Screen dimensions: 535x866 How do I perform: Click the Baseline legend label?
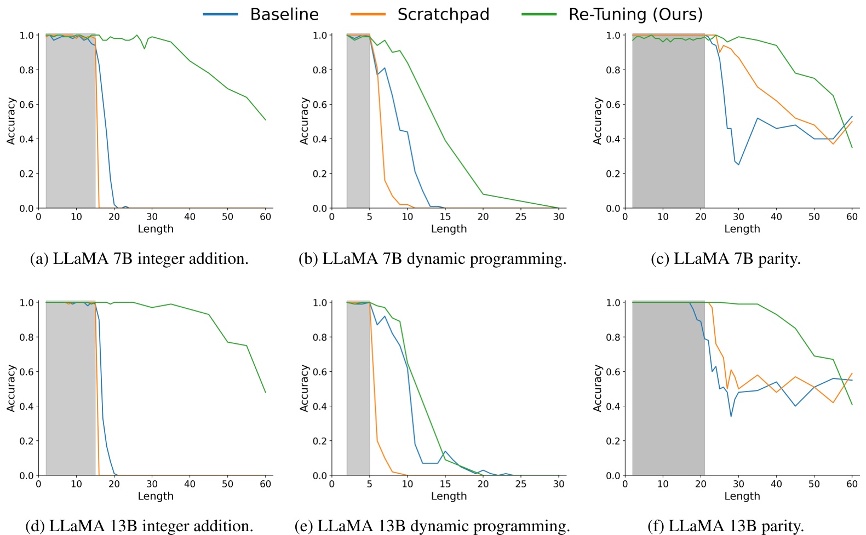[284, 14]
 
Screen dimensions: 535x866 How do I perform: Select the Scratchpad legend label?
[443, 14]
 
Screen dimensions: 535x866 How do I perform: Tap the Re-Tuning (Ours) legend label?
[635, 14]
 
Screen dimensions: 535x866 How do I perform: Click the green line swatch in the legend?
[539, 14]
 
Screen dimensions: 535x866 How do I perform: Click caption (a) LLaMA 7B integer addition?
[139, 258]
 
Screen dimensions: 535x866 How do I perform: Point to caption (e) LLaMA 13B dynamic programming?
[432, 526]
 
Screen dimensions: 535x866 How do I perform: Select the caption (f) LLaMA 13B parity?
[725, 526]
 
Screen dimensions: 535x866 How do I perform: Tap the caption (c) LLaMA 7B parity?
[725, 258]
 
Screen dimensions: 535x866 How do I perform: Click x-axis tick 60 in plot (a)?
[265, 217]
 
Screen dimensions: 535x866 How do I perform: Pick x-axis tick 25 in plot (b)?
[520, 217]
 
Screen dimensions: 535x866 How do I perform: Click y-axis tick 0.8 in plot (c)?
[612, 70]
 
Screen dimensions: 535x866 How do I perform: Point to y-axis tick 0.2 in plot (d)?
[26, 441]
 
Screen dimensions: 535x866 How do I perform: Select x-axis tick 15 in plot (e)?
[445, 484]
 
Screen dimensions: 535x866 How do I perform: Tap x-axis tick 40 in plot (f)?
[776, 484]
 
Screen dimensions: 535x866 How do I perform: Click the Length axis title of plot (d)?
[156, 496]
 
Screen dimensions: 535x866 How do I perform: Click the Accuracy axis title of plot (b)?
[304, 121]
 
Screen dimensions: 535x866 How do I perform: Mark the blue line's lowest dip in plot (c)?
[738, 164]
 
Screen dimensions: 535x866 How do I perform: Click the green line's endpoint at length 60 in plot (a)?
[265, 120]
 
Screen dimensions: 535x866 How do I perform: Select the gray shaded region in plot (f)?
[668, 389]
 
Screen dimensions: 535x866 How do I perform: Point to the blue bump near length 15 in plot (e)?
[445, 452]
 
